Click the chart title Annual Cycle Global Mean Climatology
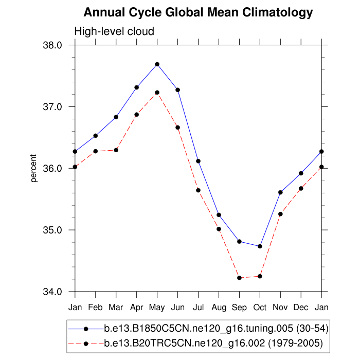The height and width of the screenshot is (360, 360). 198,12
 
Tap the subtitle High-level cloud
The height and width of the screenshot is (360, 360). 114,31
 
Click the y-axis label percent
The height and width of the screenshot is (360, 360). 34,168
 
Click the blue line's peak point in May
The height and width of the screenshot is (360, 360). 157,64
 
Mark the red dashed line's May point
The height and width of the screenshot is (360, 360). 157,93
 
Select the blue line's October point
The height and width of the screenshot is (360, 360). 260,246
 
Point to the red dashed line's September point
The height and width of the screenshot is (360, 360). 239,278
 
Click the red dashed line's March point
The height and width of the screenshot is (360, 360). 116,150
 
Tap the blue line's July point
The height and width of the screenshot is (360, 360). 198,161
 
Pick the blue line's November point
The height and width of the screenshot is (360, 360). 280,192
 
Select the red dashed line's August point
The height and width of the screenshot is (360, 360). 219,229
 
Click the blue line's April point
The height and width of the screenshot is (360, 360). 137,87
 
